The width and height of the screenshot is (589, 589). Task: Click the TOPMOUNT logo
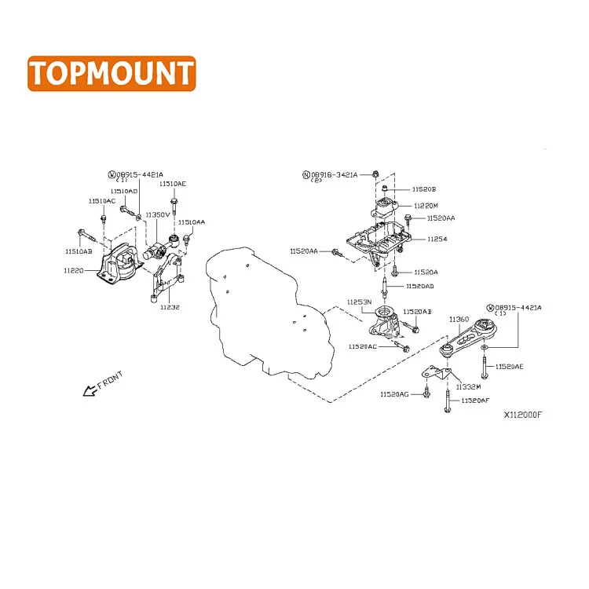[x=111, y=73]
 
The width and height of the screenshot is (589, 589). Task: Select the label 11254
[x=437, y=239]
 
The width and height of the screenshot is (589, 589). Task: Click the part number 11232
[x=170, y=307]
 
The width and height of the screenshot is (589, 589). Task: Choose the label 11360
[x=459, y=320]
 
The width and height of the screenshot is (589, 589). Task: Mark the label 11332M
[x=468, y=386]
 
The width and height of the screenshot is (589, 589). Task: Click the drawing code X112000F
[x=523, y=415]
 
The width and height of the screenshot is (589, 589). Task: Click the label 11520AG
[x=394, y=394]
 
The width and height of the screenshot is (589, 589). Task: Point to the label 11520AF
[x=475, y=401]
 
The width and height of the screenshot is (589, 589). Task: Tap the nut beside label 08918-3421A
[x=375, y=173]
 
